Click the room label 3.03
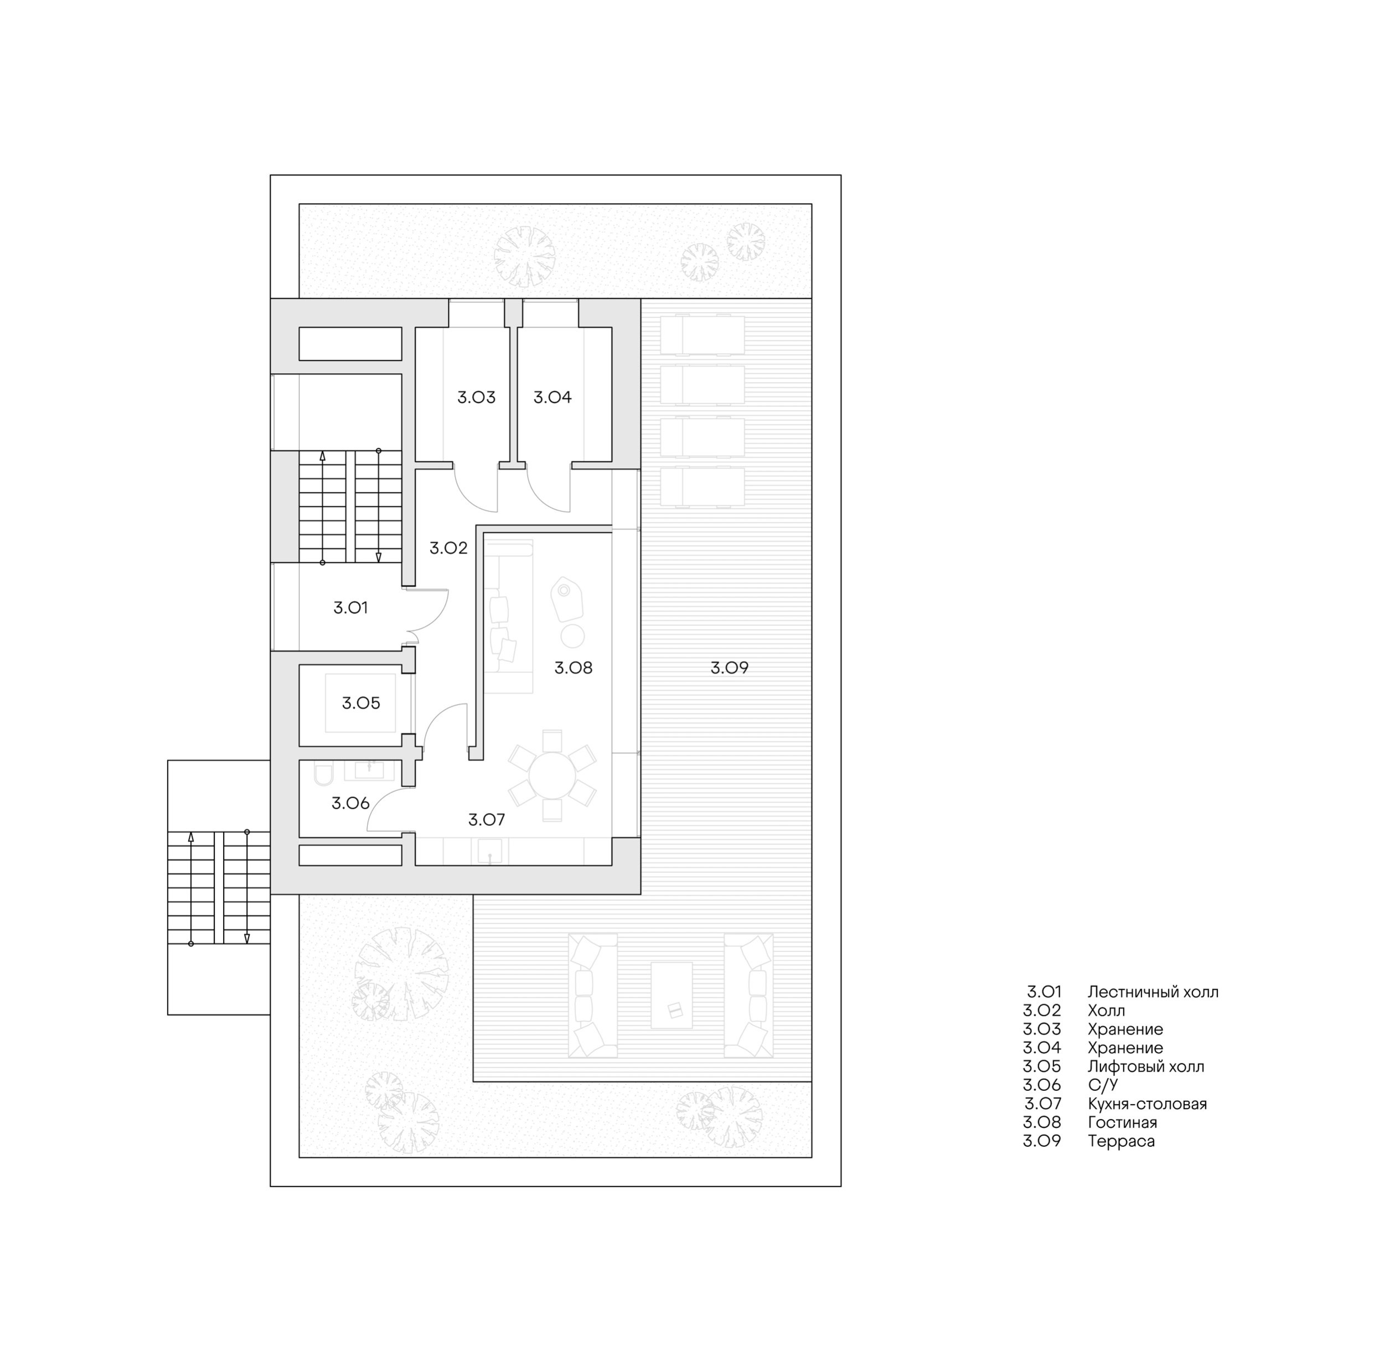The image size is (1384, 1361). [476, 397]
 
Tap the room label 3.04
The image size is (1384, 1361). [552, 397]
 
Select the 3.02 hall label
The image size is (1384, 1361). [448, 548]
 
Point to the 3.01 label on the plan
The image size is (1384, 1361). [350, 608]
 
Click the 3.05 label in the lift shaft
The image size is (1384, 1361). [361, 703]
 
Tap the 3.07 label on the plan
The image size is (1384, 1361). [487, 820]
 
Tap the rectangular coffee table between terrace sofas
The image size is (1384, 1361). [672, 995]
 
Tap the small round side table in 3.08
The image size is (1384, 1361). [572, 635]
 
